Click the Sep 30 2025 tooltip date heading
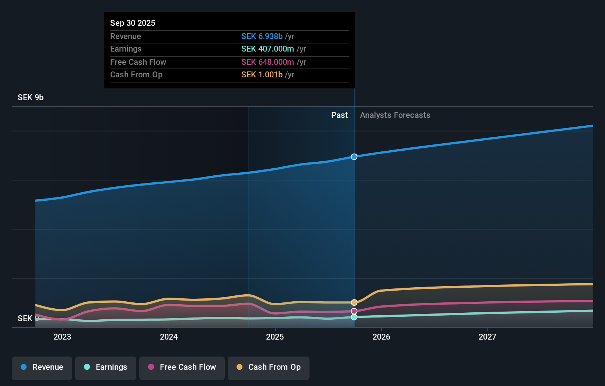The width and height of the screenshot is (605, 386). [x=133, y=23]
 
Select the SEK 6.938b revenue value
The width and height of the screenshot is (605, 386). [x=262, y=36]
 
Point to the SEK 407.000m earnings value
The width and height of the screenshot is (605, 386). [x=267, y=49]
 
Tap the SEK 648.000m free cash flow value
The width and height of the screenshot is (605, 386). [x=267, y=62]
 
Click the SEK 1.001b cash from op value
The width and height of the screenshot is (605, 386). [x=262, y=74]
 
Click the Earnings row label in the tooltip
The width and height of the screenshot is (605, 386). [x=126, y=49]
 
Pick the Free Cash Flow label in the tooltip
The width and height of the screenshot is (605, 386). [x=138, y=62]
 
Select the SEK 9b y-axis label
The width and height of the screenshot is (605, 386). [x=31, y=97]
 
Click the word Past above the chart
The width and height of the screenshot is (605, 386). [x=339, y=115]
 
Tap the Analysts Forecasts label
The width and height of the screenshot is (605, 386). [x=395, y=115]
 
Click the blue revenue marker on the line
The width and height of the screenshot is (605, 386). [x=354, y=157]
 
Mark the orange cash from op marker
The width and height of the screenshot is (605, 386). [x=354, y=302]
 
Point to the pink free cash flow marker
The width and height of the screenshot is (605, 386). [x=354, y=311]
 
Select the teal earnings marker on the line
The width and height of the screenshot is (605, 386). [x=354, y=317]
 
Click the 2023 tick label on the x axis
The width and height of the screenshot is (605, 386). [x=62, y=337]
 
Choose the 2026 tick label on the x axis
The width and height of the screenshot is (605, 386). [x=381, y=337]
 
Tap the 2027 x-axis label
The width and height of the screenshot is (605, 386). [x=487, y=337]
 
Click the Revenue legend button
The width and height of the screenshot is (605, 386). [x=42, y=367]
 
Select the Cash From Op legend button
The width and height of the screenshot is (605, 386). [x=269, y=367]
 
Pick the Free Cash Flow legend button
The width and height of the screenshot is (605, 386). [x=182, y=367]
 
